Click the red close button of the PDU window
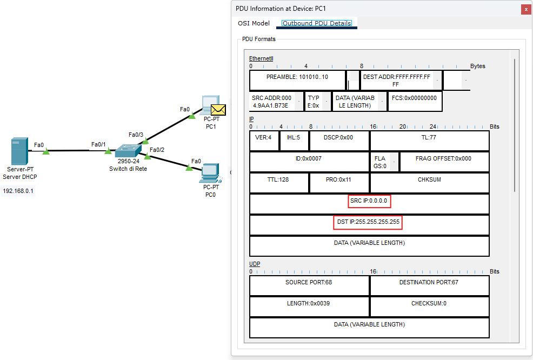[525, 9]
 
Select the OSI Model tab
[254, 23]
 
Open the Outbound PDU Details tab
[317, 23]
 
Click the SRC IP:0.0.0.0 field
[369, 201]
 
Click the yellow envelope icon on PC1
[218, 110]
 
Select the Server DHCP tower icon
[19, 152]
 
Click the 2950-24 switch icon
[128, 151]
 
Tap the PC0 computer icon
[210, 172]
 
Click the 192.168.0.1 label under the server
[18, 191]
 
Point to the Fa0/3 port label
[136, 134]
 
